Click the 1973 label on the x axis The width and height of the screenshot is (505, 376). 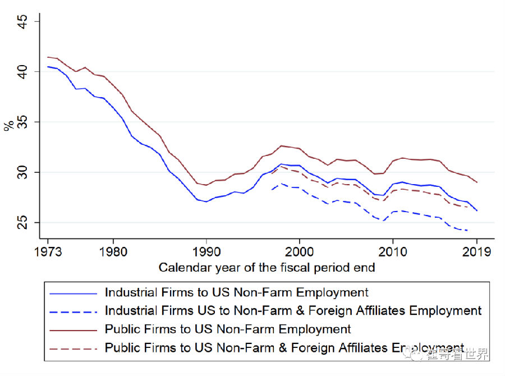pyautogui.click(x=48, y=252)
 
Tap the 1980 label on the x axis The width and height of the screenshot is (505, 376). pyautogui.click(x=113, y=252)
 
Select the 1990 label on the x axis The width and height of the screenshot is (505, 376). pyautogui.click(x=206, y=252)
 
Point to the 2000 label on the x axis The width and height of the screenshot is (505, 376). pyautogui.click(x=300, y=252)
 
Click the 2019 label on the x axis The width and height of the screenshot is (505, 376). pyautogui.click(x=476, y=252)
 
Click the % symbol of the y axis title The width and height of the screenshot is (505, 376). pyautogui.click(x=9, y=124)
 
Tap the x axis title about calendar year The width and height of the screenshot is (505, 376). pyautogui.click(x=267, y=268)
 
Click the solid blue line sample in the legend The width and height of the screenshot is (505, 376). pyautogui.click(x=73, y=293)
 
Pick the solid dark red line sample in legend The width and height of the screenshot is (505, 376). pyautogui.click(x=73, y=329)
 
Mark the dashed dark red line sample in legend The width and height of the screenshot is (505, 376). pyautogui.click(x=73, y=348)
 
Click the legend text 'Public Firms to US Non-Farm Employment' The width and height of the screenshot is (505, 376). pyautogui.click(x=228, y=329)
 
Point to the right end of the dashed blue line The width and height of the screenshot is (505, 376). pyautogui.click(x=467, y=230)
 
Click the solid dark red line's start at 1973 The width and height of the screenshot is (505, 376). pyautogui.click(x=48, y=57)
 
